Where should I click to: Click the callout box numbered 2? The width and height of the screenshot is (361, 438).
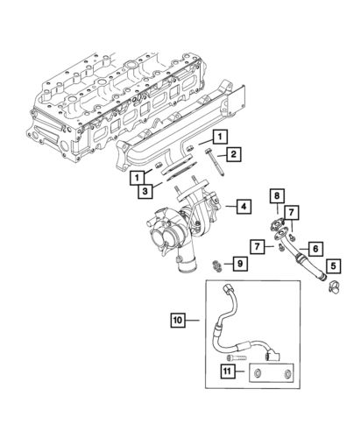click(236, 155)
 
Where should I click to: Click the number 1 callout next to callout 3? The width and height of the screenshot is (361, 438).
click(138, 178)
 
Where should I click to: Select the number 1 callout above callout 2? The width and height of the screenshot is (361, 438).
click(217, 136)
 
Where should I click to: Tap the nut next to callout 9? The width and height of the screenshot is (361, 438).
click(217, 264)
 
